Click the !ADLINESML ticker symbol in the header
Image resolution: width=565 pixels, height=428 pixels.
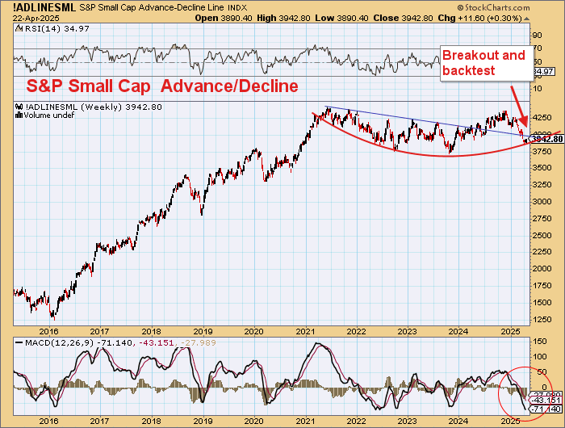[x=30, y=6]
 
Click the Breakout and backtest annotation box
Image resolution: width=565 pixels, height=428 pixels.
[x=483, y=62]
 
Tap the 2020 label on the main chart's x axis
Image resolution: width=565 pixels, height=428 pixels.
[x=254, y=331]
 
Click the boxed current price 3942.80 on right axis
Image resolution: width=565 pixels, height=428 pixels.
[x=547, y=139]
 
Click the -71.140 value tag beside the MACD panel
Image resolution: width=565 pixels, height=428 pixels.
[x=546, y=410]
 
